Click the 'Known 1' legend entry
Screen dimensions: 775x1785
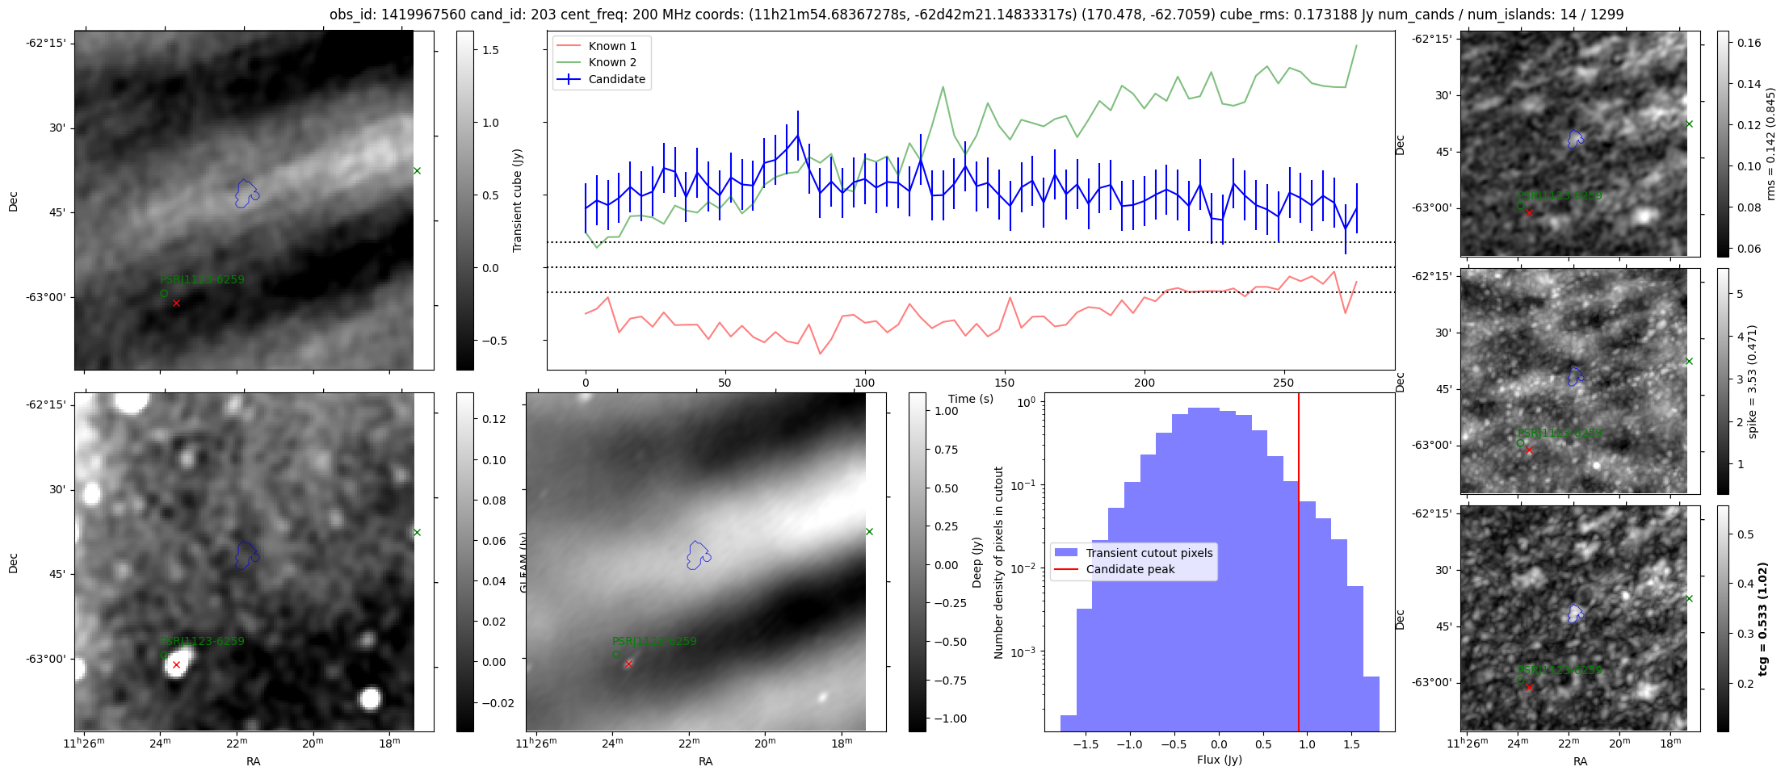(x=612, y=46)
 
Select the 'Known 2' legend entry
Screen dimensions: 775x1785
(x=612, y=62)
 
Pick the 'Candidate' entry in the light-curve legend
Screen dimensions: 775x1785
(x=616, y=79)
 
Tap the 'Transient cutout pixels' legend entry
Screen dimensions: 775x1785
(x=1149, y=553)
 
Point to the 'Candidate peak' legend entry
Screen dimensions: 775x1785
(x=1130, y=569)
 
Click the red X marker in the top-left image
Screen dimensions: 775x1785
(x=176, y=303)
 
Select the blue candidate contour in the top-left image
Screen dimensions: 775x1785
(x=246, y=194)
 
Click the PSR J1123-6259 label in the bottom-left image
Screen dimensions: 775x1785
(x=202, y=641)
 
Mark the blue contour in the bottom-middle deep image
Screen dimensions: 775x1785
(x=698, y=555)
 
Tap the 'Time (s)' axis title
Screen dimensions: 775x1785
(x=971, y=399)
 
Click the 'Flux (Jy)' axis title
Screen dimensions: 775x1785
(x=1219, y=760)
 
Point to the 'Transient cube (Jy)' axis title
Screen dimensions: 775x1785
(x=518, y=200)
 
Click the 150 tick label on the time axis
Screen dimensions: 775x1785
(x=1004, y=383)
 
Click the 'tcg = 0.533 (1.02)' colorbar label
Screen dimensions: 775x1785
(x=1762, y=618)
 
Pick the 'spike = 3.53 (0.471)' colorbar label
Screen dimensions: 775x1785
(x=1752, y=382)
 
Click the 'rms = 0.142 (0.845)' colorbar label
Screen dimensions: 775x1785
(x=1770, y=145)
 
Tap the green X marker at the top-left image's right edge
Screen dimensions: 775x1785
(x=417, y=170)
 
